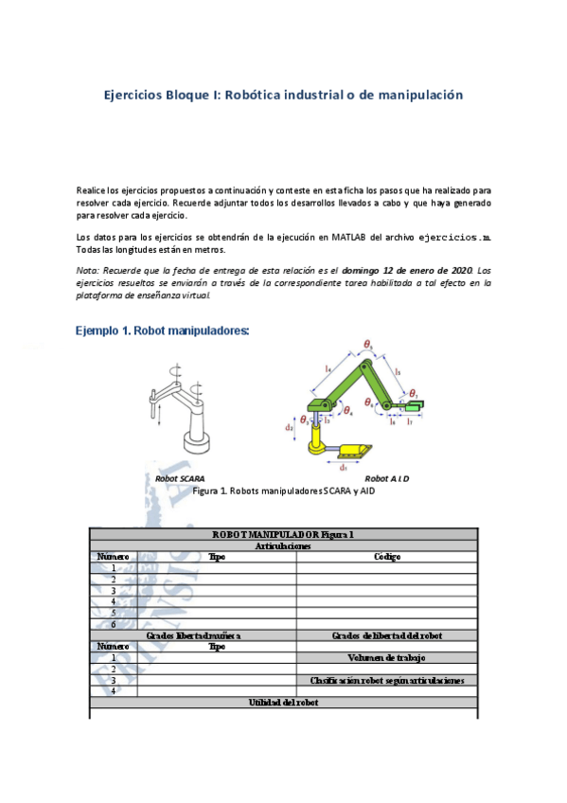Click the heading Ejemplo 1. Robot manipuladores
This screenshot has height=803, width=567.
pos(162,330)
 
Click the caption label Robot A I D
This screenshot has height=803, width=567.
pos(386,479)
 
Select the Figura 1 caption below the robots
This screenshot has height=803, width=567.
pos(283,491)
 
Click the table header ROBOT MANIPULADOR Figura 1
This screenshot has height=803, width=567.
pos(283,534)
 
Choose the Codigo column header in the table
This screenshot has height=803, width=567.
pos(386,557)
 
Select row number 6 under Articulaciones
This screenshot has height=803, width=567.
pos(114,624)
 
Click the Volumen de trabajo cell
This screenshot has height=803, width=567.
pos(386,657)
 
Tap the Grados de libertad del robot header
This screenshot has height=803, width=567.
pos(386,635)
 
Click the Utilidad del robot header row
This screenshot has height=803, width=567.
pos(283,703)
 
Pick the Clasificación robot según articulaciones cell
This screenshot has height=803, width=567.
pos(386,680)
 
